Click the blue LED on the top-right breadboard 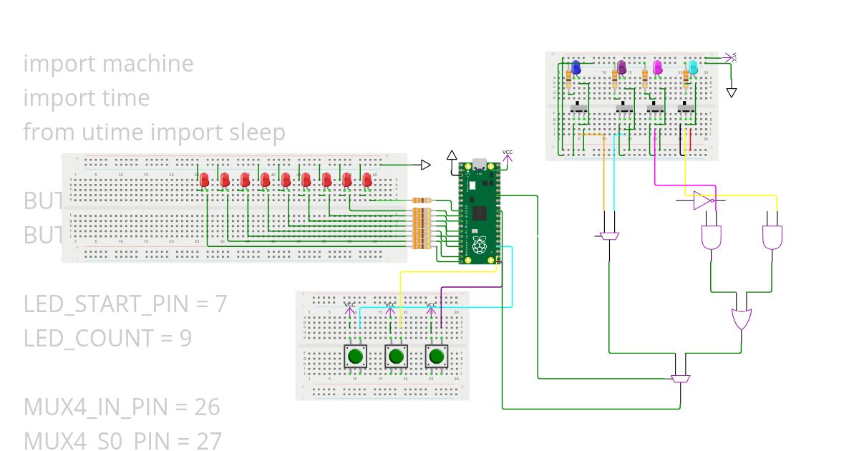(x=576, y=67)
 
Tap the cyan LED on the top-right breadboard (x=693, y=68)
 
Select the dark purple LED (x=621, y=67)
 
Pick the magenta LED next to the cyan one (x=658, y=67)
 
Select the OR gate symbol (x=742, y=316)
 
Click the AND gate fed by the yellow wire (x=772, y=237)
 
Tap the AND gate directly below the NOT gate (x=712, y=237)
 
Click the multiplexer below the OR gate (x=681, y=377)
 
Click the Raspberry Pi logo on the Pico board (x=479, y=246)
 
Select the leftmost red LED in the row (x=204, y=180)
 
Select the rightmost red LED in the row (x=367, y=180)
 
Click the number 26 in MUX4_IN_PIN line (x=206, y=407)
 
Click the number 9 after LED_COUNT (x=185, y=338)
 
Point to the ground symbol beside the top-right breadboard (x=732, y=92)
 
